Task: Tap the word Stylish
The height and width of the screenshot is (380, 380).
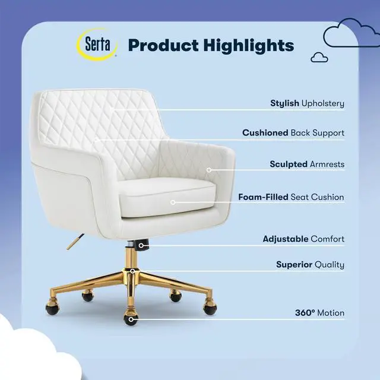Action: (285, 103)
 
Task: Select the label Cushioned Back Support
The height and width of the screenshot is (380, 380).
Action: (293, 133)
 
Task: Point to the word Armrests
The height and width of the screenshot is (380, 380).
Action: (327, 164)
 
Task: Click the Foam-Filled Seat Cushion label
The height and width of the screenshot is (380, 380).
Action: (291, 197)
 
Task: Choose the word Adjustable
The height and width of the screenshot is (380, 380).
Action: (286, 239)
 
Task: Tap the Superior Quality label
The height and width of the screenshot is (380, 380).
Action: (310, 265)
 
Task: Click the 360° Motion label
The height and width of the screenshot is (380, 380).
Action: (319, 313)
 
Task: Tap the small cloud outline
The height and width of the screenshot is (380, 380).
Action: (319, 57)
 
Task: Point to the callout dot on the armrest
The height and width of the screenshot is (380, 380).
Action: (209, 170)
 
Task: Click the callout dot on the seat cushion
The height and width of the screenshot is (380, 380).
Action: (173, 202)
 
